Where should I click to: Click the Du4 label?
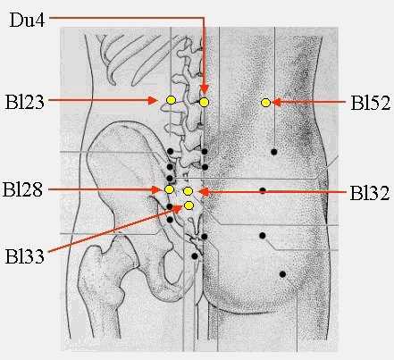(27, 20)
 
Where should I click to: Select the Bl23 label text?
(25, 102)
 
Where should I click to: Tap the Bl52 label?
(370, 103)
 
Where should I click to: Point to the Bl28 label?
(22, 189)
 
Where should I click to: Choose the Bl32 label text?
(370, 193)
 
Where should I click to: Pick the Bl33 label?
(25, 256)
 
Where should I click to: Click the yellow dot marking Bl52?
(265, 103)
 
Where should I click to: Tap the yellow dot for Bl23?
(171, 100)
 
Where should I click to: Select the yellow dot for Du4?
(204, 102)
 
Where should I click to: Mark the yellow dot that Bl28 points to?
(169, 189)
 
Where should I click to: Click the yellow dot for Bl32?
(188, 191)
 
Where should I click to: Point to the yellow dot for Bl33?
(189, 205)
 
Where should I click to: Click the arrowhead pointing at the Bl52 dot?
(277, 103)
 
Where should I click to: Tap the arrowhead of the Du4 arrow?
(205, 89)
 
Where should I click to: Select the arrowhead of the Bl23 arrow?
(153, 101)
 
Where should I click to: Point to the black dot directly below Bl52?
(274, 152)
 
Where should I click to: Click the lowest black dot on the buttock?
(282, 274)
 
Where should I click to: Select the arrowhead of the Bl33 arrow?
(178, 208)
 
